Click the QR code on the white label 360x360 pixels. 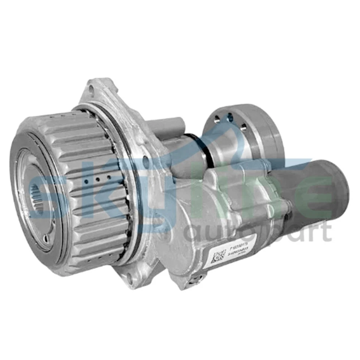pyautogui.click(x=217, y=258)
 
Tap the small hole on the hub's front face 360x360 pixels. pyautogui.click(x=46, y=238)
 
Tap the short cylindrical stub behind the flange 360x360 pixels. pyautogui.click(x=169, y=126)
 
